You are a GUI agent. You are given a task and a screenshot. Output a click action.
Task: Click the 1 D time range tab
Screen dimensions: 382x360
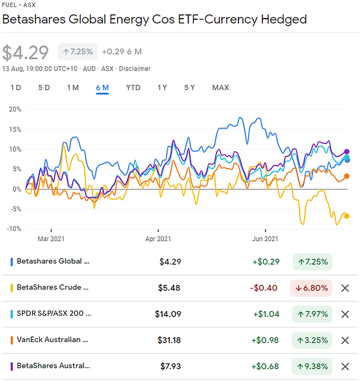click(x=16, y=87)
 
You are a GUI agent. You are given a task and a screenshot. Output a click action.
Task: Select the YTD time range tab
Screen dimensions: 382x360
click(x=133, y=87)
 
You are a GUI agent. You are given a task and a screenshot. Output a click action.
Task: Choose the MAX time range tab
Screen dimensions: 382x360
click(x=221, y=87)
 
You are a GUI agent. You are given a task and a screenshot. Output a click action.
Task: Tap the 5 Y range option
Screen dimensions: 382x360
click(x=190, y=87)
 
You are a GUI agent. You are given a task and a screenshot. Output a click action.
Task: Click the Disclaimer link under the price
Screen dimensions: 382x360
click(x=134, y=69)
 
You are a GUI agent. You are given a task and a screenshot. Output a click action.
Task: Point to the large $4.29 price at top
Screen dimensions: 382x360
click(x=26, y=51)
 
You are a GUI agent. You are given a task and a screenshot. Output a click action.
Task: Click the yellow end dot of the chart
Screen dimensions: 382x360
click(x=347, y=216)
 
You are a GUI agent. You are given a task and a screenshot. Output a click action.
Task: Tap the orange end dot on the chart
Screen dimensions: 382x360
click(x=347, y=176)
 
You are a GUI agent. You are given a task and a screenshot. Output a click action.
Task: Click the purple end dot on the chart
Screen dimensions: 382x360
click(x=347, y=152)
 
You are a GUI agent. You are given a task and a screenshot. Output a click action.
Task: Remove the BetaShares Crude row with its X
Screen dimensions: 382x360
click(x=345, y=288)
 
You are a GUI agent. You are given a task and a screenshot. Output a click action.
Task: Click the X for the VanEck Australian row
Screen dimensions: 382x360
click(x=345, y=340)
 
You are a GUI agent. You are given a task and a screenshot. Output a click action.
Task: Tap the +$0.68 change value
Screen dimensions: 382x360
click(x=265, y=367)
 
